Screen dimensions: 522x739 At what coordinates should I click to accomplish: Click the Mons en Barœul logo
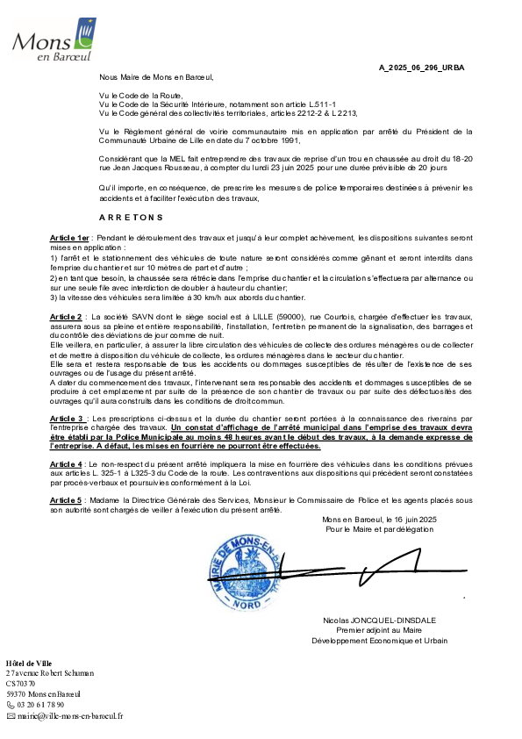coord(54,39)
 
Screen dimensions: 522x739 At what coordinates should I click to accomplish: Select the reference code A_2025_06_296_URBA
coord(422,68)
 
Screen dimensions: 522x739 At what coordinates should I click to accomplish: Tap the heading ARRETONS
coord(131,218)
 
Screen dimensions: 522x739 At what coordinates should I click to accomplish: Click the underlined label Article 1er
coord(69,238)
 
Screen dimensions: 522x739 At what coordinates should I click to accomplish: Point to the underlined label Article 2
coord(66,317)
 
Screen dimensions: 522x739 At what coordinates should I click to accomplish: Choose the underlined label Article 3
coord(67,419)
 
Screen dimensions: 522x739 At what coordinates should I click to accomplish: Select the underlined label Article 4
coord(66,464)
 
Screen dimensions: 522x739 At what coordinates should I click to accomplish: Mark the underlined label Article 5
coord(66,500)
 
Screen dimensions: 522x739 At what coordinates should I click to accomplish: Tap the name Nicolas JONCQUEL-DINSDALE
coord(379,621)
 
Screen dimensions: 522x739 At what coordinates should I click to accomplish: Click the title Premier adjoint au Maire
coord(379,630)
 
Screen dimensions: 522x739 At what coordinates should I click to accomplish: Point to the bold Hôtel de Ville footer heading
coord(29,664)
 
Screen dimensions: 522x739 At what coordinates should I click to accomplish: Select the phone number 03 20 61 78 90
coord(40,705)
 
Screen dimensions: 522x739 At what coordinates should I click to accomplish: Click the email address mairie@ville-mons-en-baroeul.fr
coord(70,716)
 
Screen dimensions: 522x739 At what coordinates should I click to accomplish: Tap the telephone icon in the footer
coord(11,705)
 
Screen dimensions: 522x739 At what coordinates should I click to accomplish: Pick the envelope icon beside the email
coord(11,716)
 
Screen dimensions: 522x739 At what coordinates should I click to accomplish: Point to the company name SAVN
coord(143,317)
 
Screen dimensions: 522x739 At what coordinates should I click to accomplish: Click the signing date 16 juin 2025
coord(416,520)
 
